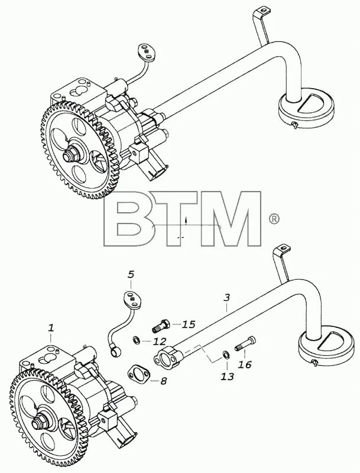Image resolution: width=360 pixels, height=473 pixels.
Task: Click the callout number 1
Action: point(51,327)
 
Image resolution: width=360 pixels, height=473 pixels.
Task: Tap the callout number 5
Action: point(131,274)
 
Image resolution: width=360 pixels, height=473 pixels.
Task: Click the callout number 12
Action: point(160,341)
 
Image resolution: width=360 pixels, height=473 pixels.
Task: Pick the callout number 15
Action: point(189,324)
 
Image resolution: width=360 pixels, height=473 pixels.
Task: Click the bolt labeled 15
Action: point(163,324)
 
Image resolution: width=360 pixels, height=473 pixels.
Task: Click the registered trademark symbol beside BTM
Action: point(273,219)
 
